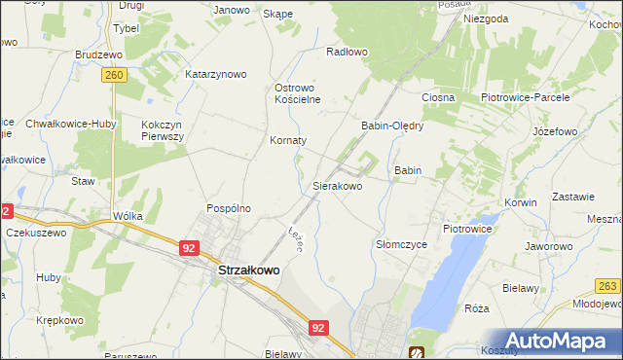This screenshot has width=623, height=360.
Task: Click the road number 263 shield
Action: (x=608, y=285)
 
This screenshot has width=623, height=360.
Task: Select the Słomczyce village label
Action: (x=401, y=245)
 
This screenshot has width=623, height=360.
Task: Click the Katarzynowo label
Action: (x=216, y=74)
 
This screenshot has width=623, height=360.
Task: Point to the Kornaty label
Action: (x=288, y=140)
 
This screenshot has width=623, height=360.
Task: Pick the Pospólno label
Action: (x=229, y=208)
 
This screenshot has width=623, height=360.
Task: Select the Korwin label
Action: (x=521, y=202)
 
